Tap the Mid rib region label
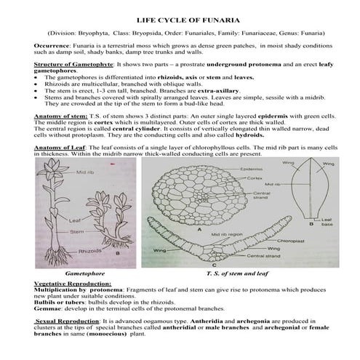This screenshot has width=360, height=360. click(215, 235)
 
